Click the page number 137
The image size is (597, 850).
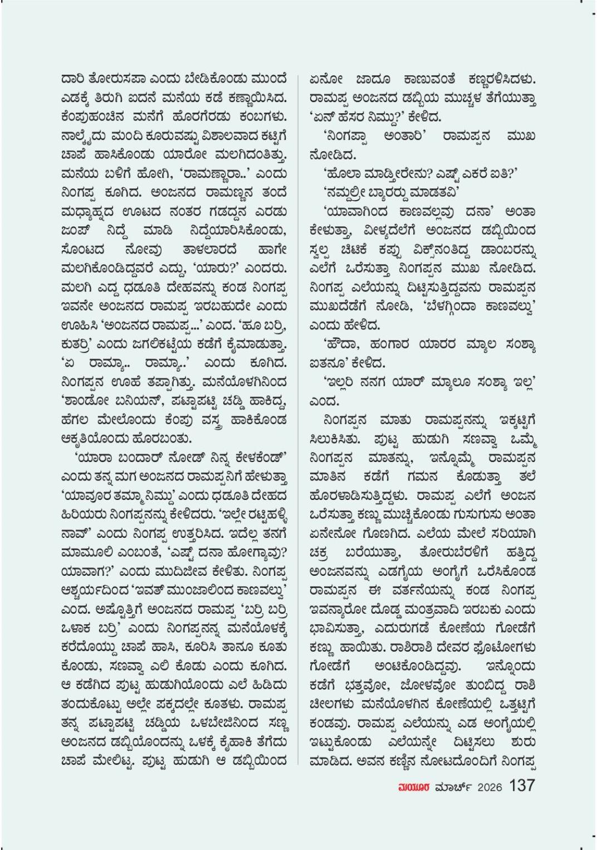(x=522, y=785)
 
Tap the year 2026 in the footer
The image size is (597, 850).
(x=490, y=787)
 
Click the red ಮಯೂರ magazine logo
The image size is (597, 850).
(x=412, y=787)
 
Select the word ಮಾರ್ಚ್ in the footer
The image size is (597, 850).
(x=454, y=787)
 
